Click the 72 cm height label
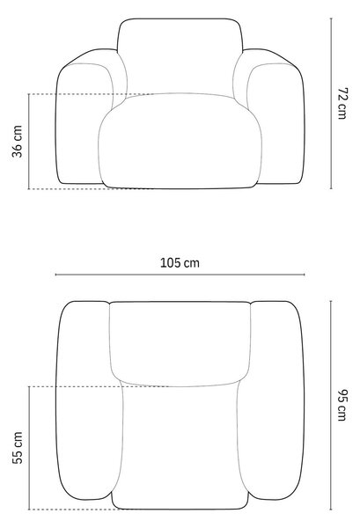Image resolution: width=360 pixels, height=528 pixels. pos(342,103)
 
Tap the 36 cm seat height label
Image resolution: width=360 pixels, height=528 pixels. pos(17,142)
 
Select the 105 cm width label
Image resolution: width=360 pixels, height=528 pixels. pos(180,262)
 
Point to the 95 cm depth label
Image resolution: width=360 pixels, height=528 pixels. pos(342,405)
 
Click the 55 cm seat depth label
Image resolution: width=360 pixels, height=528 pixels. pos(18,448)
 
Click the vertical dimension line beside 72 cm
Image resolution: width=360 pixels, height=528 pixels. pos(331,103)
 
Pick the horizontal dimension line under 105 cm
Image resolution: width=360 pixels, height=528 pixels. pos(180,275)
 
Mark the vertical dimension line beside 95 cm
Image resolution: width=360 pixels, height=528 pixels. pos(331,405)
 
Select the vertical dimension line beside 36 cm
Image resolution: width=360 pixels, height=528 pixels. pos(29,142)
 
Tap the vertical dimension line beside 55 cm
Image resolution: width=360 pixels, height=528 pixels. pos(29,448)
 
